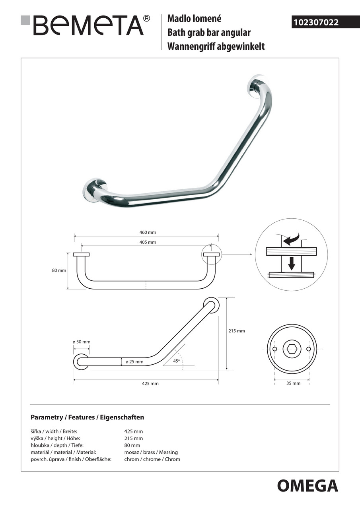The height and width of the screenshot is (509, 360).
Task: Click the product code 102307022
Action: pyautogui.click(x=316, y=23)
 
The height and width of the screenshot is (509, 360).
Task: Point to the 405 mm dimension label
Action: pyautogui.click(x=147, y=242)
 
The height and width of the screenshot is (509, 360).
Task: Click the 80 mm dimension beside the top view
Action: pyautogui.click(x=59, y=270)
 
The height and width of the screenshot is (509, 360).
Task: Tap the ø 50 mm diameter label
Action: pyautogui.click(x=81, y=342)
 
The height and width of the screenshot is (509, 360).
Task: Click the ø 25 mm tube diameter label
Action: pyautogui.click(x=134, y=362)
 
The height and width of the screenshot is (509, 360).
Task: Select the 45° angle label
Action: pyautogui.click(x=176, y=361)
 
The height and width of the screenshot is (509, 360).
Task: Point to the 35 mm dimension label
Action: pyautogui.click(x=293, y=383)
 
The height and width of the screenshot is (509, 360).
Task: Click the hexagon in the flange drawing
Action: pyautogui.click(x=292, y=349)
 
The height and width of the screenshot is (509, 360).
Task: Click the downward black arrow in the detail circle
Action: pyautogui.click(x=292, y=263)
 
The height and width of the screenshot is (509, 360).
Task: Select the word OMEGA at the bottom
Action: pyautogui.click(x=307, y=486)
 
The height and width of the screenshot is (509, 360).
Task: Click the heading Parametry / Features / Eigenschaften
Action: pyautogui.click(x=87, y=418)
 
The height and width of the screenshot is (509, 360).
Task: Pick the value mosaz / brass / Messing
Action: pyautogui.click(x=151, y=452)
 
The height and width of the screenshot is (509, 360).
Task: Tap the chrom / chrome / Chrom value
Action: pyautogui.click(x=152, y=459)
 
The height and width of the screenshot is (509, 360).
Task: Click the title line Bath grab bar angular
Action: pyautogui.click(x=209, y=33)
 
